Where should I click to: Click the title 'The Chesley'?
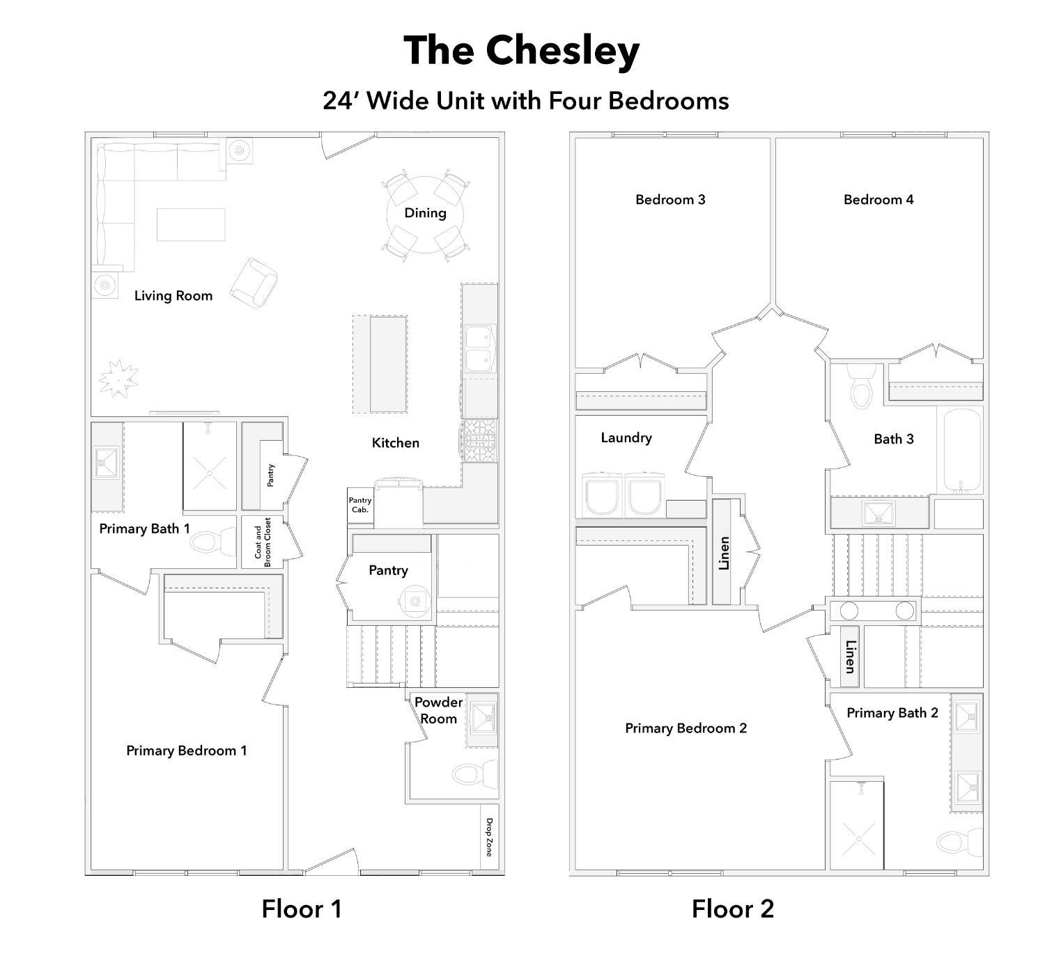(522, 51)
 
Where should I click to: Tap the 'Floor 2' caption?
(732, 909)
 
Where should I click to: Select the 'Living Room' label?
(173, 296)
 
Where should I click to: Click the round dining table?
(425, 214)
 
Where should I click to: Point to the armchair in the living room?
(254, 283)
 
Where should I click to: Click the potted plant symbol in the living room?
(118, 379)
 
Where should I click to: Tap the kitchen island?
(388, 364)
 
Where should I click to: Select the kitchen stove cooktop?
(479, 441)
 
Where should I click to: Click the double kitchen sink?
(480, 348)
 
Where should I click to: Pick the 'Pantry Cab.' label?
(360, 505)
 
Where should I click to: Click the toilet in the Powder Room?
(474, 774)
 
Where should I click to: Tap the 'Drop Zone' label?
(489, 838)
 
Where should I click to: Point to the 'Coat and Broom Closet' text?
(263, 542)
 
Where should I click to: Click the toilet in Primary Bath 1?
(213, 542)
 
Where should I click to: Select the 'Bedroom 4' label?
(878, 200)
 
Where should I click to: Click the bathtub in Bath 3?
(961, 450)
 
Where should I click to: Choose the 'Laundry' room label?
(626, 438)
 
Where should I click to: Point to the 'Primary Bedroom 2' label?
(686, 728)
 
